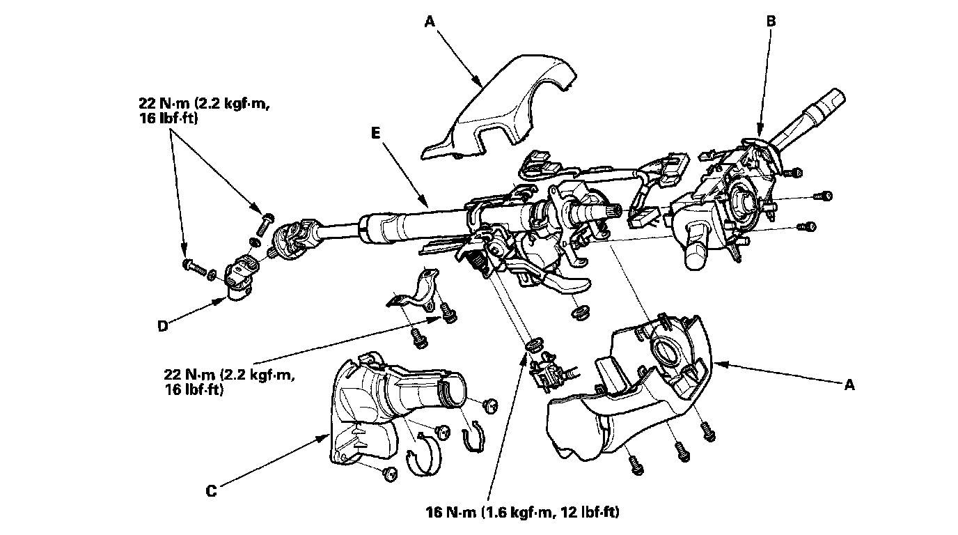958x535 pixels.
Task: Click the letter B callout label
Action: click(x=771, y=22)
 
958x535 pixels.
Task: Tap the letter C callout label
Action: click(x=211, y=491)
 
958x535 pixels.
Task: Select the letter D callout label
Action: click(x=162, y=325)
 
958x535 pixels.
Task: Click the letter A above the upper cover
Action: click(x=430, y=22)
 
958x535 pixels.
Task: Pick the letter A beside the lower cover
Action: click(x=849, y=385)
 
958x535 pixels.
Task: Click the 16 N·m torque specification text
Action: click(x=522, y=513)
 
